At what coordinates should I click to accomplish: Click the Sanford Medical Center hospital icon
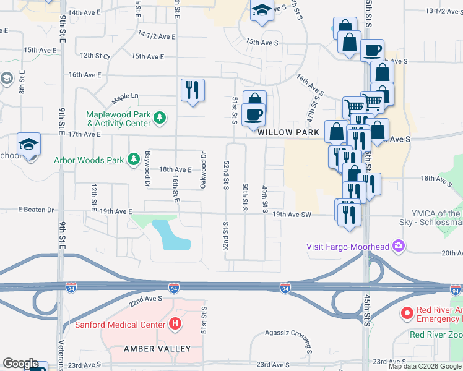pos(176,324)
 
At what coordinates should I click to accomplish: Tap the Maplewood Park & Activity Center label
pos(118,118)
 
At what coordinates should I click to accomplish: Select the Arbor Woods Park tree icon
pos(133,160)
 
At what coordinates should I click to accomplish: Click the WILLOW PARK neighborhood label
pos(288,133)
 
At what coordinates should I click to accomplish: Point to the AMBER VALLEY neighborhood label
pos(158,349)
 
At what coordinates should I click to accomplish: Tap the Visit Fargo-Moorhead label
pos(348,247)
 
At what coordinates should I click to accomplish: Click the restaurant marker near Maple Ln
pos(193,90)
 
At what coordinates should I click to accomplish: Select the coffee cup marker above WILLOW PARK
pos(254,114)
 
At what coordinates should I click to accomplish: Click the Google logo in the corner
pos(20,364)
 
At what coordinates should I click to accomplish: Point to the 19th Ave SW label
pos(292,215)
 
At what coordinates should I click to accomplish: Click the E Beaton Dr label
pos(40,210)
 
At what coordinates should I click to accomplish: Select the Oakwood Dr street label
pos(202,164)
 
